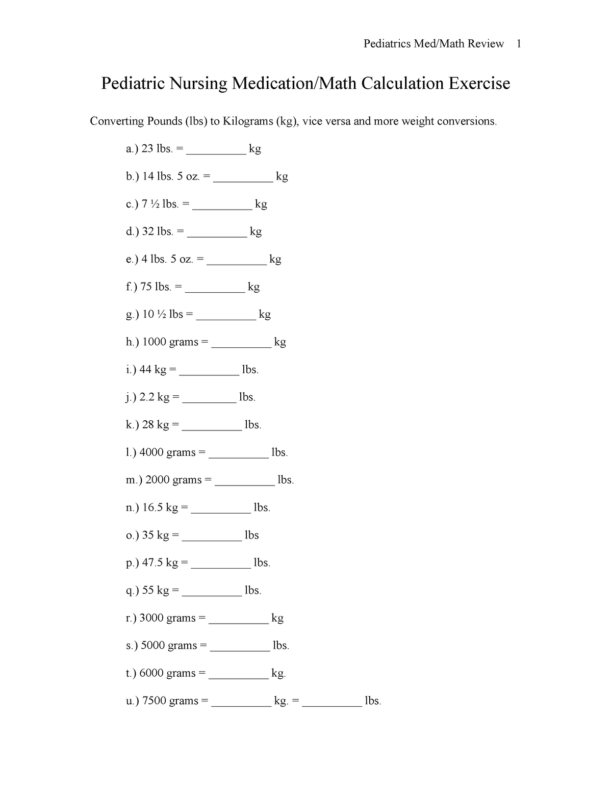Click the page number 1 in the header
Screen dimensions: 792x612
[518, 44]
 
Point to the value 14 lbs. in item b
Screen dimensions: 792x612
[158, 176]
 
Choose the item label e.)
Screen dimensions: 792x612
[132, 259]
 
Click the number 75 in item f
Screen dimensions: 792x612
[146, 287]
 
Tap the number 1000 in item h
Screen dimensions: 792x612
[154, 342]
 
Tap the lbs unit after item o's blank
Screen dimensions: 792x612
[252, 535]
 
